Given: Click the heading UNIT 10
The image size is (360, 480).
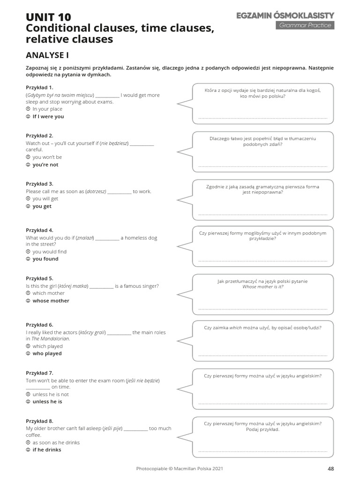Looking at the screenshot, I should click(48, 17).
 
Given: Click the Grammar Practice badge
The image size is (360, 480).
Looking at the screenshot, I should click(305, 25).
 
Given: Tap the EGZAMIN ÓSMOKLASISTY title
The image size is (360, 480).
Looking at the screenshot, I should click(285, 16).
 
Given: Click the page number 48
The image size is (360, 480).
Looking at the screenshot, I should click(330, 468).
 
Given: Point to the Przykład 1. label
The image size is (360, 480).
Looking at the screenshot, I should click(39, 88).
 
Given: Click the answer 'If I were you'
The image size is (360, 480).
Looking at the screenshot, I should click(48, 116).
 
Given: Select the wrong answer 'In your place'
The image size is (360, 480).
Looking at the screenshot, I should click(47, 109).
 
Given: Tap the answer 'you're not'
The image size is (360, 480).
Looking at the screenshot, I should click(45, 165).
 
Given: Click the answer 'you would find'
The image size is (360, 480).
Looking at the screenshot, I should click(50, 252).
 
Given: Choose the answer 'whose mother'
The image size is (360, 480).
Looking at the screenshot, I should click(51, 300).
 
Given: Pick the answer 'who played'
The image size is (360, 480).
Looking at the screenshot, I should click(47, 353).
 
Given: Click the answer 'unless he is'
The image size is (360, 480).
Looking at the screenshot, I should click(47, 402).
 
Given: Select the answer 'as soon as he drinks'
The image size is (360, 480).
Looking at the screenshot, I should click(56, 442).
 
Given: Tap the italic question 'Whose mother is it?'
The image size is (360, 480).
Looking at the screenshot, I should click(263, 287).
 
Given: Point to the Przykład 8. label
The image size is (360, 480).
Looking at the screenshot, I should click(39, 421).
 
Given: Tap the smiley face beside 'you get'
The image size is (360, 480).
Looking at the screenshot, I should click(28, 206).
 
